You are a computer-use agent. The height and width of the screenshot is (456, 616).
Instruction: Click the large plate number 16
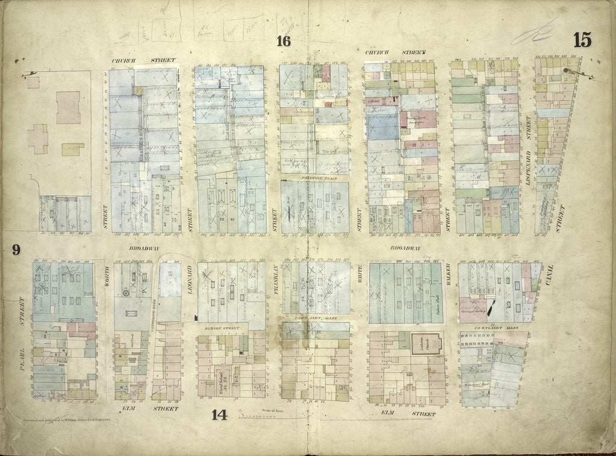[284, 41]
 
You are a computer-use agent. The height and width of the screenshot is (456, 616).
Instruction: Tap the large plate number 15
[582, 40]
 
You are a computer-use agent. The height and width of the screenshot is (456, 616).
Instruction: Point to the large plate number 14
[219, 414]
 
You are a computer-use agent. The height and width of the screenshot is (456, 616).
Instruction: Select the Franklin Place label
[314, 178]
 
